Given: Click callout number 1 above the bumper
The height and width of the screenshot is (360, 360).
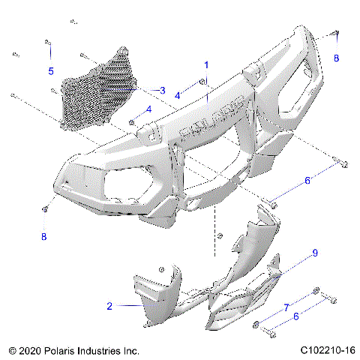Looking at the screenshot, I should click(206, 65).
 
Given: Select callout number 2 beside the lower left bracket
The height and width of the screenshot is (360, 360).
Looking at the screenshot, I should click(109, 306).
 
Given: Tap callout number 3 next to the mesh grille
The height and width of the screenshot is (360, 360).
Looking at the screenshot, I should click(161, 91).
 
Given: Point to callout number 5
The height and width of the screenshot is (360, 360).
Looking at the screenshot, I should click(51, 71).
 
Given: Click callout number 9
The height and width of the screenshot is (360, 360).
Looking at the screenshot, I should click(315, 253).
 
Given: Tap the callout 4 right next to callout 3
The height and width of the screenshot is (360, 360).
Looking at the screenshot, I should click(178, 95).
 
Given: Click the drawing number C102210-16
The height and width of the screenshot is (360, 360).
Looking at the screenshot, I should click(327, 349).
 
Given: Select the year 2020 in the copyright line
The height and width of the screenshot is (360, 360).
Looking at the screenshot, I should click(31, 349).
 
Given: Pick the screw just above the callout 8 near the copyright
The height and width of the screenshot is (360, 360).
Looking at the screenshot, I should click(46, 208).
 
